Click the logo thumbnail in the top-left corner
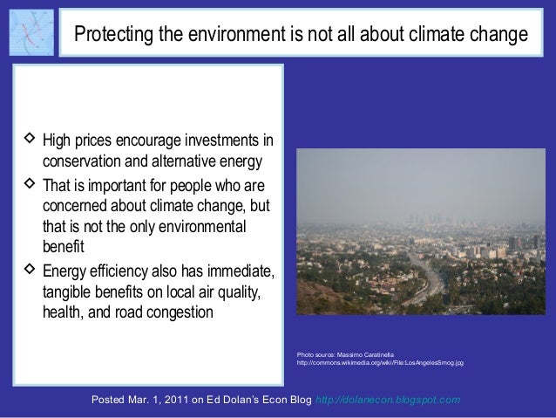[30, 31]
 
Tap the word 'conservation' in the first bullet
[82, 162]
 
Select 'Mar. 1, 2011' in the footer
[162, 400]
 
